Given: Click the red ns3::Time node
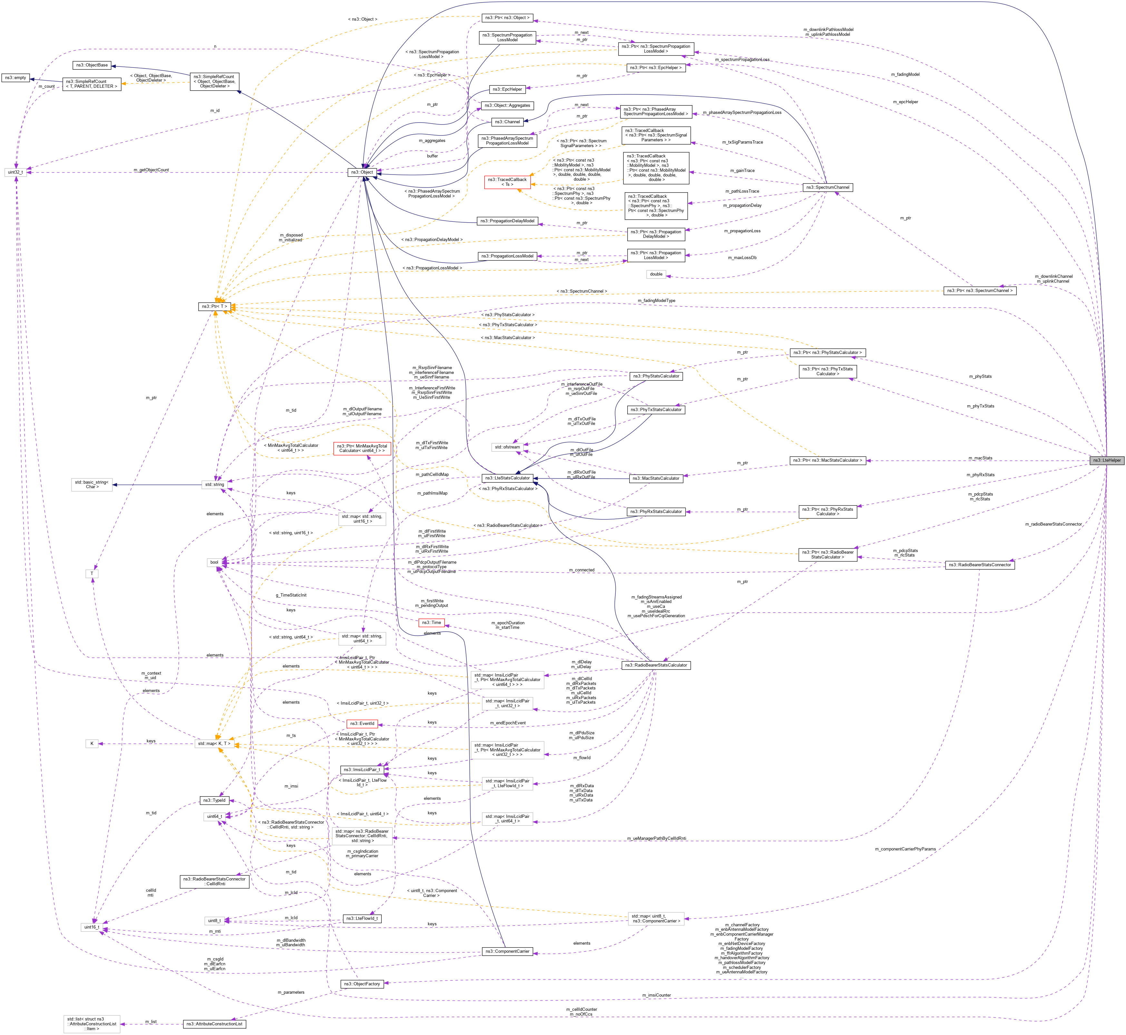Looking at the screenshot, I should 432,622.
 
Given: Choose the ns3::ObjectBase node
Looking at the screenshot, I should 92,65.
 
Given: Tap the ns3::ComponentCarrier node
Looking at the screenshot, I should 507,951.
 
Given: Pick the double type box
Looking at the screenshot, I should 656,274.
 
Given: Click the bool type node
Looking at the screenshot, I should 214,562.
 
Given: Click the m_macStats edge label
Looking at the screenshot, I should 980,458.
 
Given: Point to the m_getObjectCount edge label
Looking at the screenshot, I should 151,170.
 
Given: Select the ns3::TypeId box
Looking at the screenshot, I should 214,800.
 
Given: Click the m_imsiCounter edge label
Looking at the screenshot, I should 656,995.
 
